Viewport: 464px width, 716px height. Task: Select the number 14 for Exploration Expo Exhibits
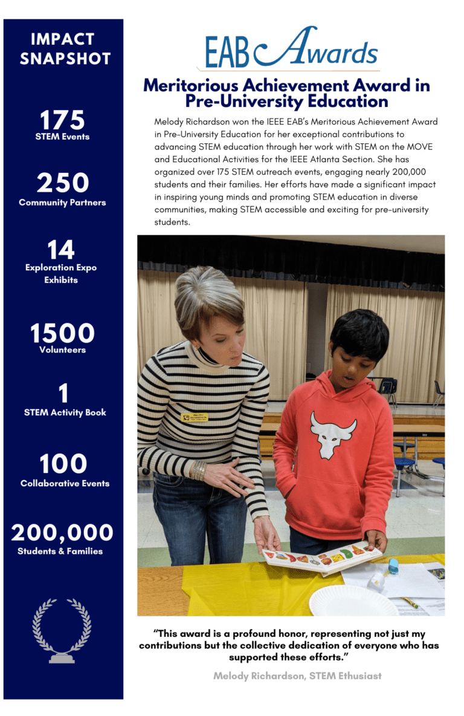pos(61,250)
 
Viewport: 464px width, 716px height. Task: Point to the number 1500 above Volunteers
pos(62,333)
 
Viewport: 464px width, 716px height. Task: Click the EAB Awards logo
pos(291,48)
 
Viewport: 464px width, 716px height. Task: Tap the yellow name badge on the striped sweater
pos(197,417)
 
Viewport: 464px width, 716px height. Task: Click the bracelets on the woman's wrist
pos(199,470)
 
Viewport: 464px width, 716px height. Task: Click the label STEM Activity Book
pos(65,412)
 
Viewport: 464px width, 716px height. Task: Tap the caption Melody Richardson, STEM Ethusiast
pos(297,675)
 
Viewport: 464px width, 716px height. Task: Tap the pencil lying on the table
pos(412,603)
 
